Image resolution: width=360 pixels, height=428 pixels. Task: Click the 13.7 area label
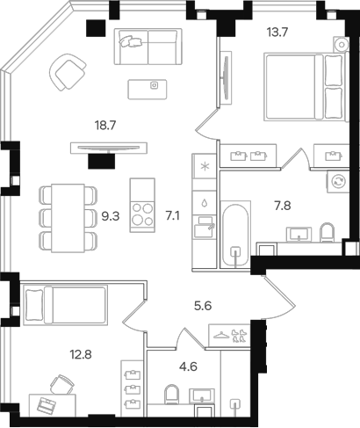tap(277, 32)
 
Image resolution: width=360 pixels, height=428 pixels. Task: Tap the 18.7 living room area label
tap(105, 126)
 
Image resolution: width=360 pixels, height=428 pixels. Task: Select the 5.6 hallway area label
tap(203, 306)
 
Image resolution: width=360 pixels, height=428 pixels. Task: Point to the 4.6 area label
tap(189, 366)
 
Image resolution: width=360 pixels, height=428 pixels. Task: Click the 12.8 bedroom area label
tap(81, 355)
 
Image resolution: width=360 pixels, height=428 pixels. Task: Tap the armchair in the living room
tap(68, 72)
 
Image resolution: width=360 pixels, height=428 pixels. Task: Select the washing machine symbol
tap(338, 181)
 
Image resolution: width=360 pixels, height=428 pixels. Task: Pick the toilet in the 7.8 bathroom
tap(328, 232)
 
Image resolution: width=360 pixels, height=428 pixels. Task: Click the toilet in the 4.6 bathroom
tap(171, 394)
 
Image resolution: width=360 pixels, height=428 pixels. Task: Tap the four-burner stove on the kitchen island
tap(142, 214)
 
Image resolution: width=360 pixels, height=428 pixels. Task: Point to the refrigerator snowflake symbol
tap(205, 166)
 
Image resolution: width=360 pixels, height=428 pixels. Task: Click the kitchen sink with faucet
tap(205, 227)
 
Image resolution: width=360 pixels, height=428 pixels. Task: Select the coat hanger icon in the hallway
tap(221, 335)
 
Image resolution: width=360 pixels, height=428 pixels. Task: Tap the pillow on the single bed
tap(34, 305)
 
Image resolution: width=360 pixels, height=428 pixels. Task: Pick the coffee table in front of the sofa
tap(148, 89)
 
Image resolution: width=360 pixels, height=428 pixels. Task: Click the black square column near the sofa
tap(96, 28)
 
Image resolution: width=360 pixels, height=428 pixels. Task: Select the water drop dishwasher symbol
tap(205, 203)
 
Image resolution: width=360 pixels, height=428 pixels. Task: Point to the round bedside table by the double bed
tap(342, 45)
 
